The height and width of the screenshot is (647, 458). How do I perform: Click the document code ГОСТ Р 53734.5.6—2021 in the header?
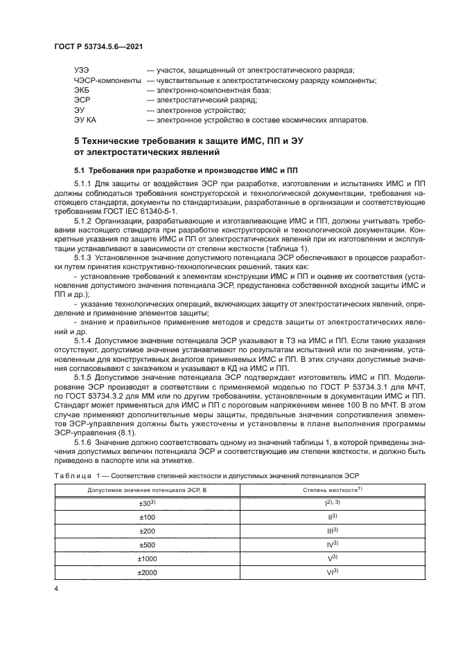[x=98, y=46]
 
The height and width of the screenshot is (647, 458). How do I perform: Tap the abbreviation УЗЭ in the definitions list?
[x=82, y=71]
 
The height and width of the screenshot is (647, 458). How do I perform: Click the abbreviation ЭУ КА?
[x=85, y=120]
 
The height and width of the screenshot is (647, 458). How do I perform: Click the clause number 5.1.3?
[x=82, y=257]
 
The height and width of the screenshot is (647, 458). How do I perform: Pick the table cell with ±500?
[x=147, y=545]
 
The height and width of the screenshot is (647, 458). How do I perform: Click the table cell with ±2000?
[x=147, y=572]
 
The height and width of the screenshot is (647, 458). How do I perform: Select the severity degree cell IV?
[x=331, y=545]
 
